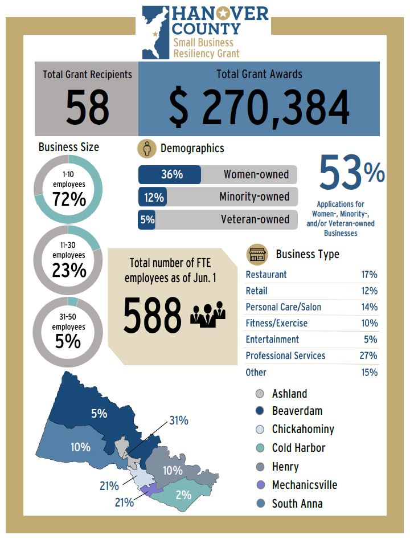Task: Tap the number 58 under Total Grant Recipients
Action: pos(87,108)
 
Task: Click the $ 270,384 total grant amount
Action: pos(259,108)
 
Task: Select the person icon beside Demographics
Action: pos(147,148)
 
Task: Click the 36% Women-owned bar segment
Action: pos(170,175)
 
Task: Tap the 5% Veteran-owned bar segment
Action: pos(147,220)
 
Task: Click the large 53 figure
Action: pos(341,174)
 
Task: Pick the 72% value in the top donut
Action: pos(69,200)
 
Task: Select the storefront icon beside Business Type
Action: pos(257,254)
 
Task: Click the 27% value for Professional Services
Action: pos(369,356)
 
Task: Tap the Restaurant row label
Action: pos(266,275)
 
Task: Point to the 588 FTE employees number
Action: pos(152,316)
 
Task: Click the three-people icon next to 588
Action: pos(208,315)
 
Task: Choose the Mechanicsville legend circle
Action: pos(260,485)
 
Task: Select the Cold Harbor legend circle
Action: pos(260,448)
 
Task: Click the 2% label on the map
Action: pos(183,495)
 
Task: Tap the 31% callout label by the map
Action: pos(179,421)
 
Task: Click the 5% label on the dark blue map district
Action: pos(99,414)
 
